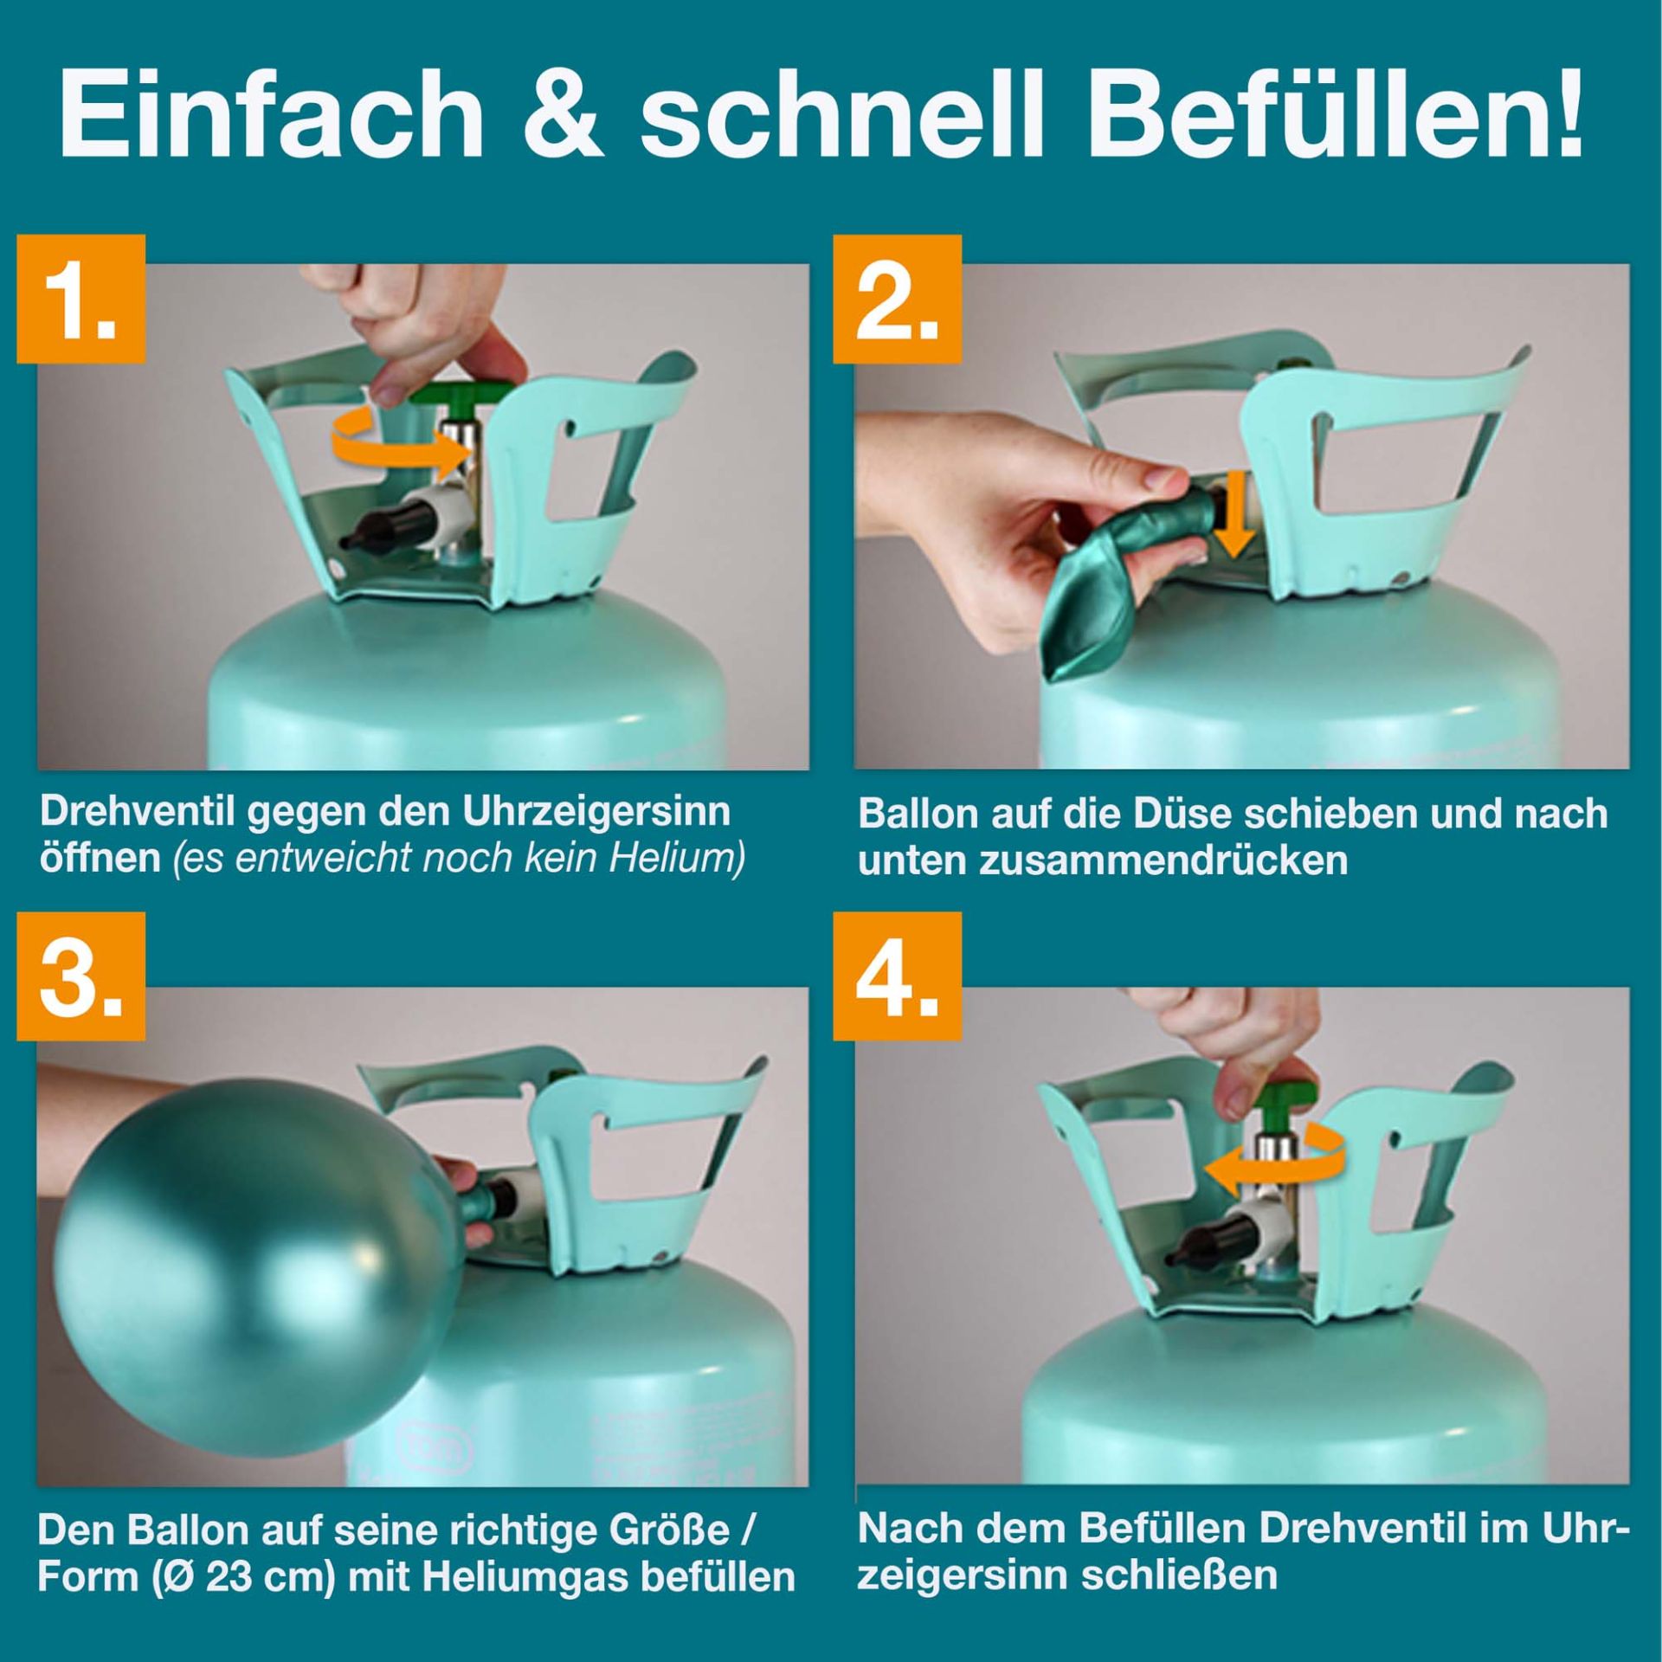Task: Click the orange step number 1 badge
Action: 81,299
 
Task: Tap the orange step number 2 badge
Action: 897,299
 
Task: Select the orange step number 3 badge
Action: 81,976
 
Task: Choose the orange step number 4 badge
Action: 897,976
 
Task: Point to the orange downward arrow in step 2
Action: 1233,513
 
